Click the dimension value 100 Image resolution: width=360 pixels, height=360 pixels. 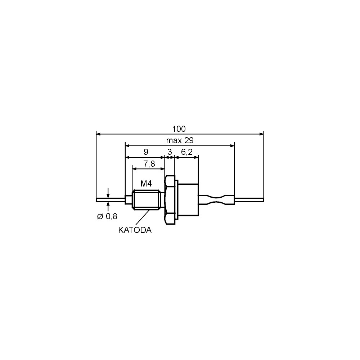[x=179, y=129]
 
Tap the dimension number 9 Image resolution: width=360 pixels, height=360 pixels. [x=146, y=152]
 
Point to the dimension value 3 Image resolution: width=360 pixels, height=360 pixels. [x=170, y=152]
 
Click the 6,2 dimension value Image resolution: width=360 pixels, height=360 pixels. [x=186, y=152]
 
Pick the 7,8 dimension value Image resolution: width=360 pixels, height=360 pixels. [x=149, y=164]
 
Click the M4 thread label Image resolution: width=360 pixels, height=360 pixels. [x=146, y=184]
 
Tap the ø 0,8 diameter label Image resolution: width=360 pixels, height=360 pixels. [x=107, y=216]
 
